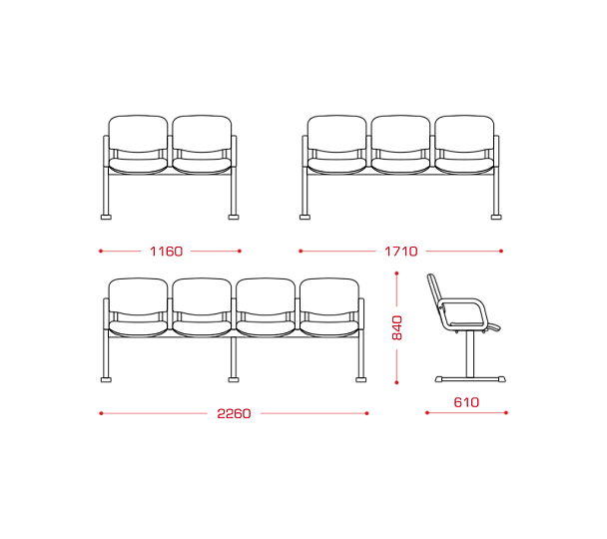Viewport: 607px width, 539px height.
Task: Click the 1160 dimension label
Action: tap(166, 252)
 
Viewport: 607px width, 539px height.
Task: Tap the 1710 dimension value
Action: tap(401, 252)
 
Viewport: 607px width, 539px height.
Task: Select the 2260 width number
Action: tap(234, 413)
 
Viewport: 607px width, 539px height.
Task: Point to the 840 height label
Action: tap(397, 327)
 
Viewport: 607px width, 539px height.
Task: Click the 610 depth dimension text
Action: tap(466, 402)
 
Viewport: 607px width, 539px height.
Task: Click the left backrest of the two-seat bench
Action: tap(138, 134)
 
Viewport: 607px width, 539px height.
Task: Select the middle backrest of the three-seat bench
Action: tap(400, 134)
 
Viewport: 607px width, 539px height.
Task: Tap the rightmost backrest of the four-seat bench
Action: tap(329, 296)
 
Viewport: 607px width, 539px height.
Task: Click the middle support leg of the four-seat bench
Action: tap(234, 357)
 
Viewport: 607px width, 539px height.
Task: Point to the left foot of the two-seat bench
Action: tap(106, 217)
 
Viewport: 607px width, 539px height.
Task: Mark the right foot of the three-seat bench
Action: tap(496, 217)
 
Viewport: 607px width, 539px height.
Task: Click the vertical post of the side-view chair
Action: tap(469, 354)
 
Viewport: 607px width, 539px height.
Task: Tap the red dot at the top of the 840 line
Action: tap(396, 273)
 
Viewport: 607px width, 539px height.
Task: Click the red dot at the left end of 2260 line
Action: tap(101, 413)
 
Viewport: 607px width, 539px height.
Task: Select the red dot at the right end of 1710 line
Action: tap(501, 252)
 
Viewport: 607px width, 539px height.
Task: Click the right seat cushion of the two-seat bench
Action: tap(202, 166)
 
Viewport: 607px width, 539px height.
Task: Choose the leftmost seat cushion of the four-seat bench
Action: tap(138, 328)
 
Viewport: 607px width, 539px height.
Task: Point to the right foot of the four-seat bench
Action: tap(360, 379)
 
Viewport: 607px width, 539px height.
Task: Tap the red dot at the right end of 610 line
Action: tap(506, 413)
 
